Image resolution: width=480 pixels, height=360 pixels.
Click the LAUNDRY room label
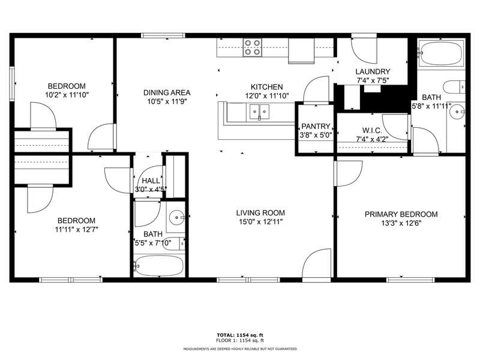tap(373, 71)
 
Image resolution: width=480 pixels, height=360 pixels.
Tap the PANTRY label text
tap(316, 126)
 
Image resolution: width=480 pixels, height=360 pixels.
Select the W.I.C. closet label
tap(372, 130)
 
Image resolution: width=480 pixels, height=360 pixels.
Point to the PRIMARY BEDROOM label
tap(401, 214)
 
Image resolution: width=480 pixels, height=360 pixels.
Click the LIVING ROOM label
tap(260, 213)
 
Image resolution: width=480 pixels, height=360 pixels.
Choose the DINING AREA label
tap(167, 92)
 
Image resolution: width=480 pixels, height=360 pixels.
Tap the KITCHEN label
tap(266, 87)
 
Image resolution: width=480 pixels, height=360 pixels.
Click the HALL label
tap(151, 181)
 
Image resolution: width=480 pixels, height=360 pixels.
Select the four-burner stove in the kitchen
tap(253, 47)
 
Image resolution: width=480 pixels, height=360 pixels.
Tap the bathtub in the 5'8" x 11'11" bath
tap(441, 53)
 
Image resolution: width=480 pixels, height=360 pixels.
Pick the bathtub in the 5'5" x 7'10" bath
tap(159, 266)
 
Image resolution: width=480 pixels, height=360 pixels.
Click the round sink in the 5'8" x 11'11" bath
tap(458, 112)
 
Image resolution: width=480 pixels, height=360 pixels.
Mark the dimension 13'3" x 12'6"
tap(401, 223)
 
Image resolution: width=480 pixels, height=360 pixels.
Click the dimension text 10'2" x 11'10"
tap(67, 95)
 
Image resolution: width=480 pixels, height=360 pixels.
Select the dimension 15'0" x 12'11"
tap(260, 221)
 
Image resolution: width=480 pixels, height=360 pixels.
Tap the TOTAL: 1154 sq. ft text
tap(240, 335)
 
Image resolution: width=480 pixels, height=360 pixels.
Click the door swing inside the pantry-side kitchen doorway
tap(316, 89)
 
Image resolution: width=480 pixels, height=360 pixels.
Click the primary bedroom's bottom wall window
tap(410, 280)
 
